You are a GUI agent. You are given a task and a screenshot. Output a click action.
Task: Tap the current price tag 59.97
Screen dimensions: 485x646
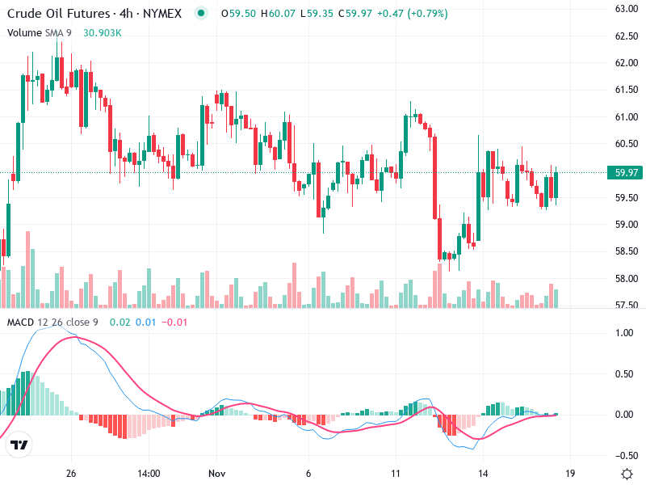(x=627, y=172)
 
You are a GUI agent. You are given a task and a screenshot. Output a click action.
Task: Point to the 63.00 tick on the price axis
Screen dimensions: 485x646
(x=627, y=9)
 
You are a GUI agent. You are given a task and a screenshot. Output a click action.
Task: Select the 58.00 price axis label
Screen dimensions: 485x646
(x=627, y=279)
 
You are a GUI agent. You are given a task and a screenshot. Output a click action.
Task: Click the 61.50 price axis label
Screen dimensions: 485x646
(x=627, y=90)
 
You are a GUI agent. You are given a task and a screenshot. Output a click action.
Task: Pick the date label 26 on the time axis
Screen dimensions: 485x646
(x=71, y=473)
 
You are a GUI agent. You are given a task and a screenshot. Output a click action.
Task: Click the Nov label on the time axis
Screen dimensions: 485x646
(x=215, y=473)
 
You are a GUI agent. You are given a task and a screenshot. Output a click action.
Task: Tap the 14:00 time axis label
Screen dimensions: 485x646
(x=149, y=473)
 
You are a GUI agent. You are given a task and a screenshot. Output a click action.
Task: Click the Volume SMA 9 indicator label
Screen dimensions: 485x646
(x=40, y=32)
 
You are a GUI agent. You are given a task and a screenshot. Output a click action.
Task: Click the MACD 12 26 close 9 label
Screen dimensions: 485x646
(x=52, y=323)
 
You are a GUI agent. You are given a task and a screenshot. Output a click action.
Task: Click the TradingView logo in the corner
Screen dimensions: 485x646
(x=19, y=445)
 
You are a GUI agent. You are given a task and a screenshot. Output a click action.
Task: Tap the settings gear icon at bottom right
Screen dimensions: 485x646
(x=626, y=473)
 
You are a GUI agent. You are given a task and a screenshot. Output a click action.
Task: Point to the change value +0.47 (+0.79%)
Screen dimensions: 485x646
(x=413, y=14)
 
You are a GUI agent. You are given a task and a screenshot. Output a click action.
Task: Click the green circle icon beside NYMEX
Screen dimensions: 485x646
(x=201, y=13)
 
